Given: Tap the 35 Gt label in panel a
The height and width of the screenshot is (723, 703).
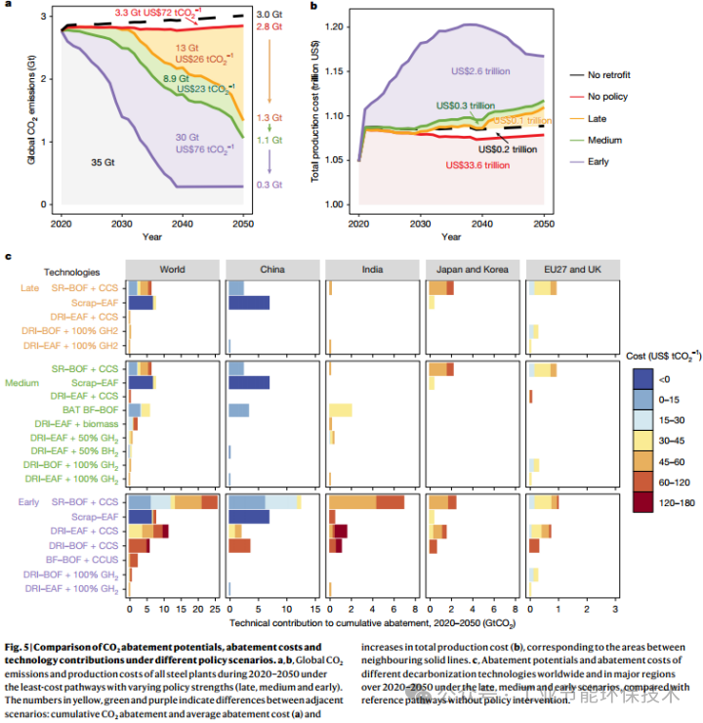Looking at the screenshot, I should coord(102,161).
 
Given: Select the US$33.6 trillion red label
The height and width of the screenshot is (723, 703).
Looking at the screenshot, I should coord(476,165).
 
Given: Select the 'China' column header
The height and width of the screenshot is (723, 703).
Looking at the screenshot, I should coord(274,268).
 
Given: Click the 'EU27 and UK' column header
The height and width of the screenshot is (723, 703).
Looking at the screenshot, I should coord(572,268).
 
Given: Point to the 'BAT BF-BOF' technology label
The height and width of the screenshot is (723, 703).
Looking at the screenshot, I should coord(95,410).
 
